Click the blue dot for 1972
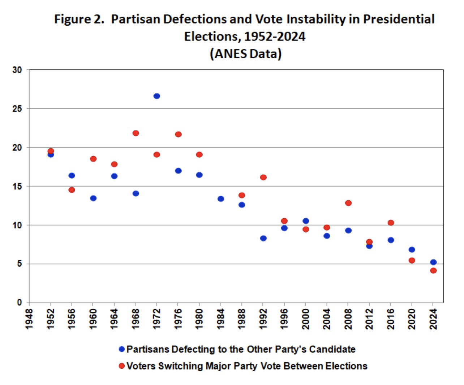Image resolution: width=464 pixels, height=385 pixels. (x=156, y=96)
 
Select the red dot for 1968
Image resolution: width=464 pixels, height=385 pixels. (x=136, y=133)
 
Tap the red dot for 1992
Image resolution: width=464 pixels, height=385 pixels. (x=263, y=177)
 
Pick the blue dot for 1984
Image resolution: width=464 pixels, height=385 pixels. (x=221, y=199)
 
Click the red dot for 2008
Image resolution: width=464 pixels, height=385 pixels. (x=348, y=203)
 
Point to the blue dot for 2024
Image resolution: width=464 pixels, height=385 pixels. (x=433, y=262)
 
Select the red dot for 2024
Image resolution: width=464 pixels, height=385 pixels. (x=433, y=271)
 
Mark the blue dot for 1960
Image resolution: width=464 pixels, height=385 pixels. (x=93, y=198)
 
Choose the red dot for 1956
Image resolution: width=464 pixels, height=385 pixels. (x=72, y=190)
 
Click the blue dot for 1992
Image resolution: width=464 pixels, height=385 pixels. (x=263, y=238)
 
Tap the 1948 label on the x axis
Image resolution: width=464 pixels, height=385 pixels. (x=29, y=319)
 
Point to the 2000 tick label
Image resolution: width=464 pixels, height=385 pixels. (x=306, y=319)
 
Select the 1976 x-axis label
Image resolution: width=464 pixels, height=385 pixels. (x=178, y=319)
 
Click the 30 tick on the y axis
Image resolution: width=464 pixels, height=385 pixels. (x=17, y=70)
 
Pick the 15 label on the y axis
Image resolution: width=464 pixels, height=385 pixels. (x=17, y=187)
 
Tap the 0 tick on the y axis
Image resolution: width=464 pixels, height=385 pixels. (x=20, y=303)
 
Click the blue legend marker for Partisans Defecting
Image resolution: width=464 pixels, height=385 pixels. (x=122, y=349)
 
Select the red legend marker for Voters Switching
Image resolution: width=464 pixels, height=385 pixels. (x=122, y=366)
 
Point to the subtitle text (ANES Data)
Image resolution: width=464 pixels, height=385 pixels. (x=245, y=54)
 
